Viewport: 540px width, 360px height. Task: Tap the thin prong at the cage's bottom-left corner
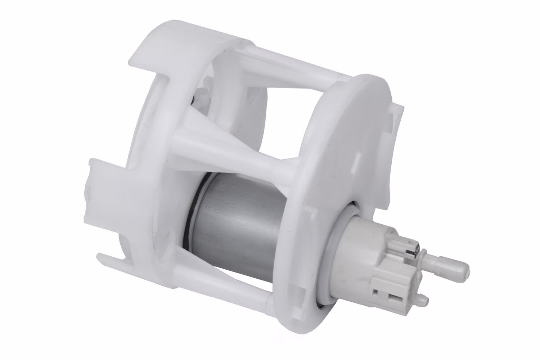pos(108,256)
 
